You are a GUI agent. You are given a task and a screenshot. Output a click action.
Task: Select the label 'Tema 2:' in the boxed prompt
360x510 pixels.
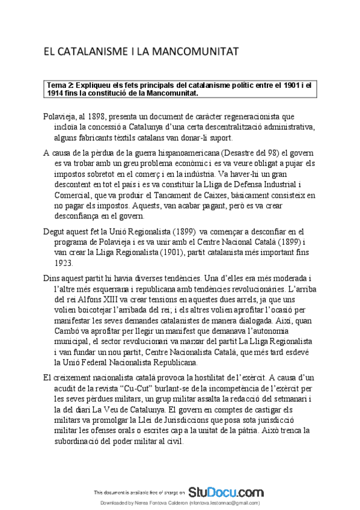[x=59, y=85]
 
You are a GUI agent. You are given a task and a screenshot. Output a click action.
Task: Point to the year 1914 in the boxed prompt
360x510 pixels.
[x=56, y=93]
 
